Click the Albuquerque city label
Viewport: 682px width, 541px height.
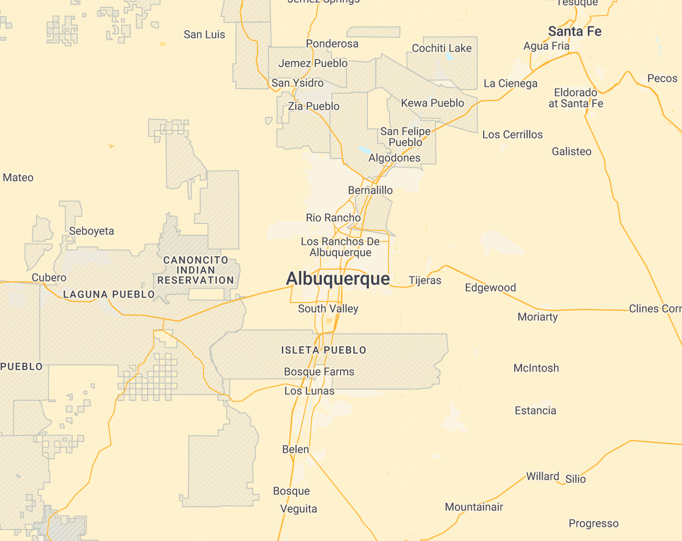click(338, 279)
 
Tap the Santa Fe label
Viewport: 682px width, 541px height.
click(575, 32)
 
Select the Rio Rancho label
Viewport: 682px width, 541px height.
click(333, 217)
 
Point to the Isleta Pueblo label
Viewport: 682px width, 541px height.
click(324, 350)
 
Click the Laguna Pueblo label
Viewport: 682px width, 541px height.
click(109, 295)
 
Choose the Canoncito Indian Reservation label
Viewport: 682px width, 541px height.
click(196, 270)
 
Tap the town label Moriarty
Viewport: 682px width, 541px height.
click(538, 317)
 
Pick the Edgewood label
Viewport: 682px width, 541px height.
click(490, 287)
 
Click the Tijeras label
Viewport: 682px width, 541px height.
click(425, 280)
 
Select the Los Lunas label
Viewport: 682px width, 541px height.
click(309, 391)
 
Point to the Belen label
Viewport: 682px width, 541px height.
click(296, 449)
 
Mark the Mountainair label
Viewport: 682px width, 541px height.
click(474, 507)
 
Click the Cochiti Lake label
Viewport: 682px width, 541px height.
click(442, 48)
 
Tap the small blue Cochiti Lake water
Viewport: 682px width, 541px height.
click(449, 58)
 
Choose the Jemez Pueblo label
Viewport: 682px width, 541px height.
click(313, 63)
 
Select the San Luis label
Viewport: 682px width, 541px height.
click(204, 34)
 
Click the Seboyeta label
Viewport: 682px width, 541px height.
click(91, 231)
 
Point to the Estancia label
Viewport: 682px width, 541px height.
click(535, 410)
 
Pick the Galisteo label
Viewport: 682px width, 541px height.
click(571, 151)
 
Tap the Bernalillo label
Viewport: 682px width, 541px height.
click(370, 190)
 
